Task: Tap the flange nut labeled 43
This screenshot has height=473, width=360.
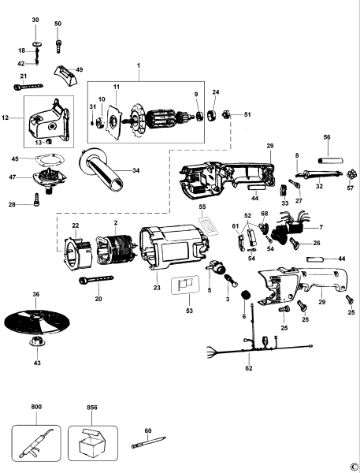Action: (35, 342)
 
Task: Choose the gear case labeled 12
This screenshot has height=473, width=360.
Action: (50, 123)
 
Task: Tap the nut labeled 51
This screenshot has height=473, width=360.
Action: (225, 114)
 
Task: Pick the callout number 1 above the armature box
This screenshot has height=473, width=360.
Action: (138, 65)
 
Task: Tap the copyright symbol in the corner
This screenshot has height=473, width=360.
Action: (354, 466)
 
